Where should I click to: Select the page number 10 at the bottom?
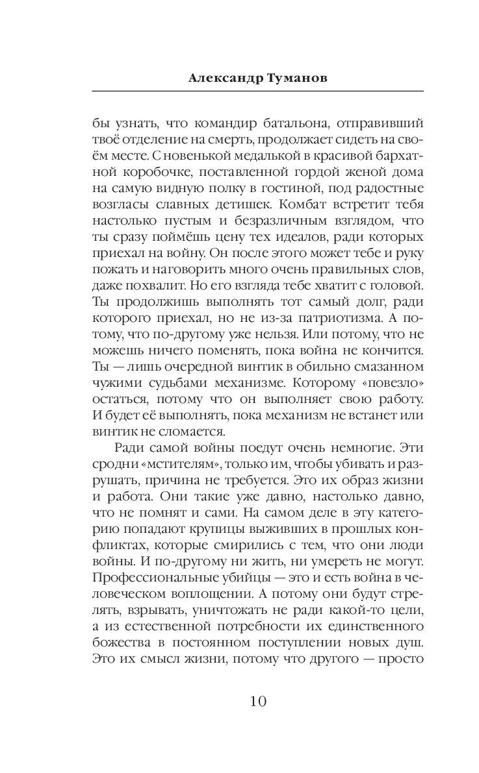[257, 701]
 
